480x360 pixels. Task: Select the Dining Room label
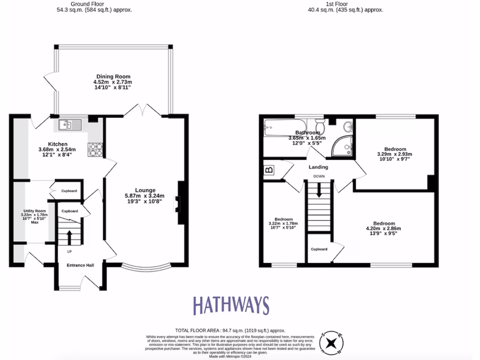tap(113, 76)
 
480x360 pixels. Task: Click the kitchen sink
tap(70, 125)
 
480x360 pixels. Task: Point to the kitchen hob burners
tap(95, 150)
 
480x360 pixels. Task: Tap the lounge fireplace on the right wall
tap(180, 203)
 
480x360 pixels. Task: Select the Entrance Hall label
tap(80, 265)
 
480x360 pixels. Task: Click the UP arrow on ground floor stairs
tap(69, 237)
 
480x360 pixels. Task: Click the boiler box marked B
tap(270, 170)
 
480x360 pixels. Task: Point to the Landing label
tap(318, 167)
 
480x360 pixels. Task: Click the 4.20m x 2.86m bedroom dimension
tap(383, 229)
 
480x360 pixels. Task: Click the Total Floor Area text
tap(230, 330)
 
